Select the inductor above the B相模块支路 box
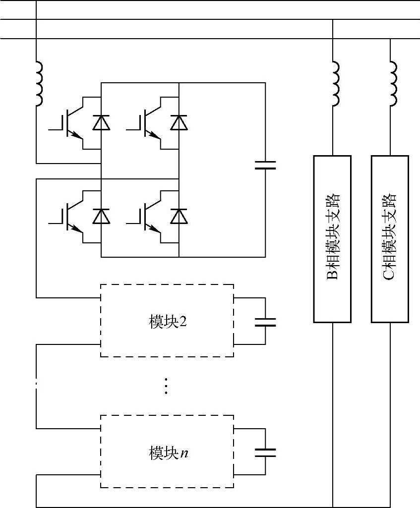pyautogui.click(x=336, y=83)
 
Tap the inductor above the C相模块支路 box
pyautogui.click(x=394, y=83)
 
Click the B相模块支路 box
pyautogui.click(x=332, y=239)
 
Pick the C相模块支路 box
pyautogui.click(x=390, y=239)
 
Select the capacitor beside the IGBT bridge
pyautogui.click(x=265, y=165)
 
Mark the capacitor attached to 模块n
pyautogui.click(x=265, y=452)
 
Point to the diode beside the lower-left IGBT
pyautogui.click(x=101, y=216)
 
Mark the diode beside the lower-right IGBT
pyautogui.click(x=179, y=216)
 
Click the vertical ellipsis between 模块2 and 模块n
pyautogui.click(x=166, y=385)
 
